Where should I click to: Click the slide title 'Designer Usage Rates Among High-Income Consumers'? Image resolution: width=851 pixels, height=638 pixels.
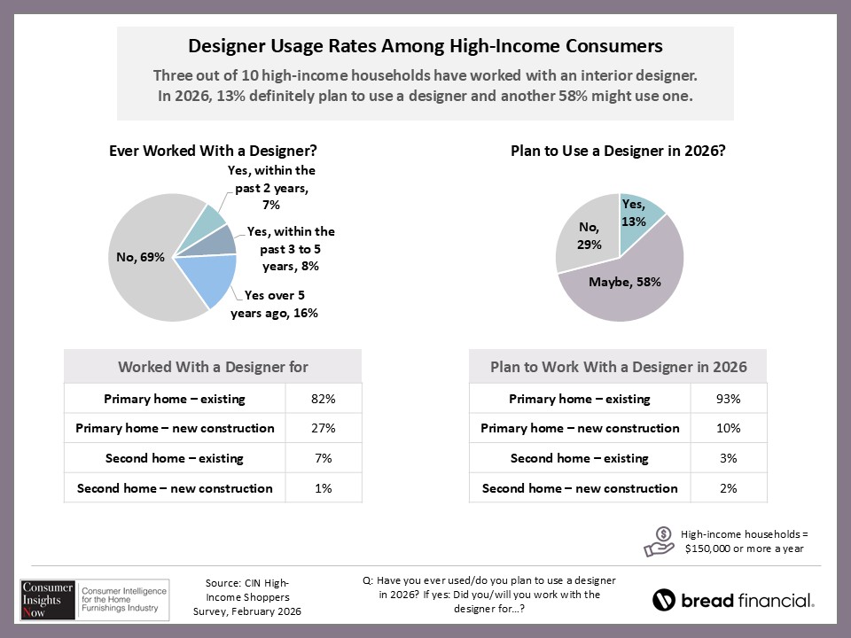click(x=425, y=45)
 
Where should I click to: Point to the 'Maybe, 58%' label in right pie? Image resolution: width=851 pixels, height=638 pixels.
click(x=626, y=282)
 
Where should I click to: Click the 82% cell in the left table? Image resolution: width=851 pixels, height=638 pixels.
click(x=324, y=399)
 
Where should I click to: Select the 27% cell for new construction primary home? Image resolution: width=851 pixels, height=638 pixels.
click(x=324, y=429)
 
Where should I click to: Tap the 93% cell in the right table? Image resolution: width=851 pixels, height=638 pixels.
click(x=729, y=399)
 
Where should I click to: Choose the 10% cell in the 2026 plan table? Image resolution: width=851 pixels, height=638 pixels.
click(x=729, y=429)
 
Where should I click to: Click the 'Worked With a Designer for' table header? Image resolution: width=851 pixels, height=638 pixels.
click(x=213, y=366)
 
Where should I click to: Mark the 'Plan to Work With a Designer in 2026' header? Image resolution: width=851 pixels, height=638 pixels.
click(x=618, y=366)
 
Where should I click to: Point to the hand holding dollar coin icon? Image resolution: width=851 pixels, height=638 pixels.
click(x=660, y=540)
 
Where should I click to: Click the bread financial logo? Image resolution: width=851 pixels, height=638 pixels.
click(x=733, y=600)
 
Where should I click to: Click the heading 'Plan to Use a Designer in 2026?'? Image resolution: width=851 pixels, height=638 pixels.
click(x=619, y=151)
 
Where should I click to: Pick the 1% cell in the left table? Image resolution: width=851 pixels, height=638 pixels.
click(x=324, y=488)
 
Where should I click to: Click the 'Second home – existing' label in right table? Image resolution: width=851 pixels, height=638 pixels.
click(x=579, y=458)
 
